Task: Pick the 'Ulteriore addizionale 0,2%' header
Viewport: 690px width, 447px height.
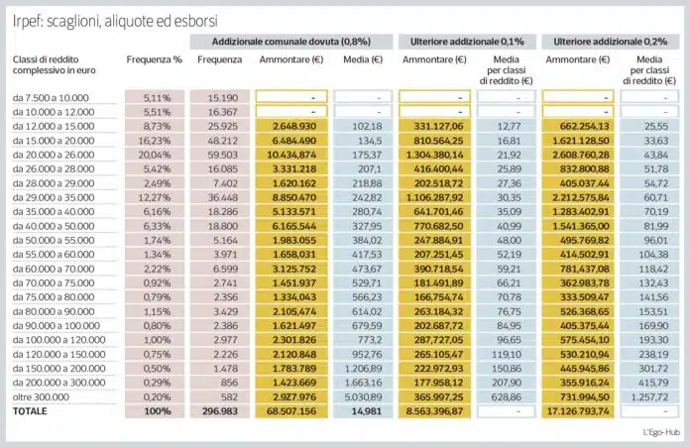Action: [611, 42]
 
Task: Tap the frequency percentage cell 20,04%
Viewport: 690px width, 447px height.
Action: [155, 156]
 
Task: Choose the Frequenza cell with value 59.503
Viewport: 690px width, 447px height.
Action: [219, 156]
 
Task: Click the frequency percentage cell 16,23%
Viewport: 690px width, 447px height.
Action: [155, 141]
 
